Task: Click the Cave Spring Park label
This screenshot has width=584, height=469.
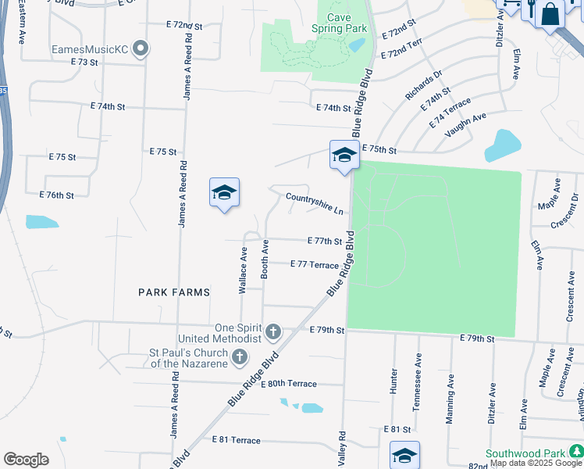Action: (339, 23)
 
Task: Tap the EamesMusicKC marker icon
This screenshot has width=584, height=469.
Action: (141, 49)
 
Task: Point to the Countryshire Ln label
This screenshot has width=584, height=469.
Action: (315, 204)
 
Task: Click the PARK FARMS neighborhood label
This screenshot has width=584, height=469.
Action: (174, 292)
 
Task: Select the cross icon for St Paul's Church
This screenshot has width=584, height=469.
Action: (240, 358)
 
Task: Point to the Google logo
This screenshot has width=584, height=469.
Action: (26, 460)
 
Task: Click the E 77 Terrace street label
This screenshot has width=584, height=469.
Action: (314, 265)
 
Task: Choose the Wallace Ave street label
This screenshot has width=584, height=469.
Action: (243, 270)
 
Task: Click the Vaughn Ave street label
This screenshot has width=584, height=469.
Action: (465, 125)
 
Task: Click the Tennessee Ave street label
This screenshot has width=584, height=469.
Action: (418, 381)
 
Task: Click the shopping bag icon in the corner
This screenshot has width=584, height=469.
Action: (550, 14)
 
